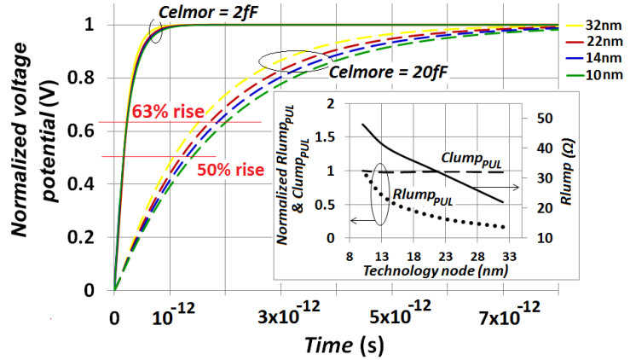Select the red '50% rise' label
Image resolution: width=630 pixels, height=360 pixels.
pos(226,169)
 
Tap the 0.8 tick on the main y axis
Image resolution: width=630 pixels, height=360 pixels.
pos(89,79)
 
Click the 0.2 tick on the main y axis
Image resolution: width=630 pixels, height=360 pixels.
pos(89,238)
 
